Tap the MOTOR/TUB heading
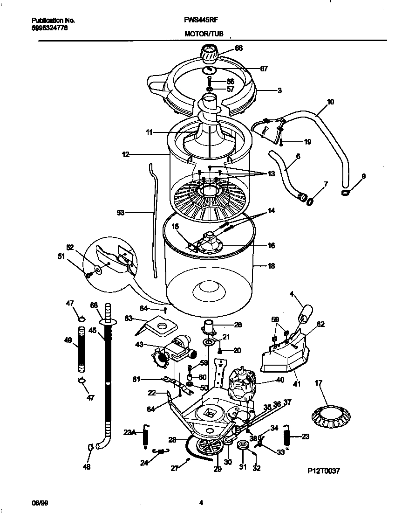click(x=204, y=34)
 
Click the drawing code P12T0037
click(x=323, y=471)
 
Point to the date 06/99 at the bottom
click(x=38, y=503)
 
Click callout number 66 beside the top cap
click(x=239, y=48)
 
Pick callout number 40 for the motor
click(x=279, y=380)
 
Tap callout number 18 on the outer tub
click(x=271, y=266)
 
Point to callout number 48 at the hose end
click(x=87, y=466)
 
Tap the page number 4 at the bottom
click(x=201, y=503)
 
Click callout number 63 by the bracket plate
click(x=129, y=318)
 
